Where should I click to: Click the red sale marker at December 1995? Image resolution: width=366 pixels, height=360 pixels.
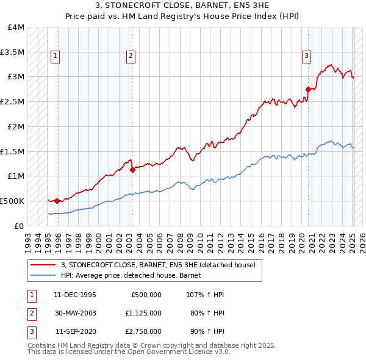pos(57,201)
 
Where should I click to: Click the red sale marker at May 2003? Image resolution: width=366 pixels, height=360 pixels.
pos(132,170)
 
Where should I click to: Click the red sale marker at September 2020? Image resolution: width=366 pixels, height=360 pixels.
pos(308,89)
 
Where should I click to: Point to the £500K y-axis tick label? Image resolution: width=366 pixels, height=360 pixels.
pos(12,201)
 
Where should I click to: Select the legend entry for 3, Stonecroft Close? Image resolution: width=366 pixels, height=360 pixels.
pos(162,265)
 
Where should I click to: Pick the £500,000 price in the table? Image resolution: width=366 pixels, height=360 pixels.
pos(146,295)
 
